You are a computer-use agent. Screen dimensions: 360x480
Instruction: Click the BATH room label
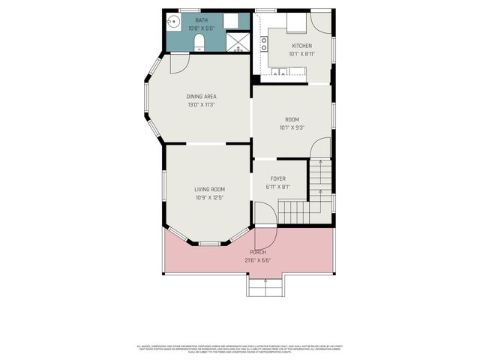pos(202,20)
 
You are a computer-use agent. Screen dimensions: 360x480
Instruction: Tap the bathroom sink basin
pos(172,22)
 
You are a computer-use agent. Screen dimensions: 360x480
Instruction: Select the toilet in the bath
pos(199,45)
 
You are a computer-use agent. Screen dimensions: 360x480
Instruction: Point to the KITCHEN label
pos(302,46)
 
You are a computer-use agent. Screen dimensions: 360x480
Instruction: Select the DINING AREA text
pos(202,97)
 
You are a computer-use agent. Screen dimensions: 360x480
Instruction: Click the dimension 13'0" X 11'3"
pos(202,105)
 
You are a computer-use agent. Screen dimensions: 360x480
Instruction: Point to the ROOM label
pos(292,119)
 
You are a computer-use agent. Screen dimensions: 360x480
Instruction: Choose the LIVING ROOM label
pos(210,190)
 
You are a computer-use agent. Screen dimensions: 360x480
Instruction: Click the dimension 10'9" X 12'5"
pos(210,198)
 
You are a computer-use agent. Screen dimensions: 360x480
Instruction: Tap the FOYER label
pos(278,178)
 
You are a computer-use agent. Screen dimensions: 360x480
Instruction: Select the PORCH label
pos(258,252)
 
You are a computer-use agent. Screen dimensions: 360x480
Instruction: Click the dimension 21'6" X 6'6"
pos(258,260)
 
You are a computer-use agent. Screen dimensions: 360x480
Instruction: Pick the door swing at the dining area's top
pos(178,64)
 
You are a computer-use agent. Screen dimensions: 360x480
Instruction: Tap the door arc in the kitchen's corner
pos(321,22)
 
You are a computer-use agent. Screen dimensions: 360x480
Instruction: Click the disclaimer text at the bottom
pos(240,349)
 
